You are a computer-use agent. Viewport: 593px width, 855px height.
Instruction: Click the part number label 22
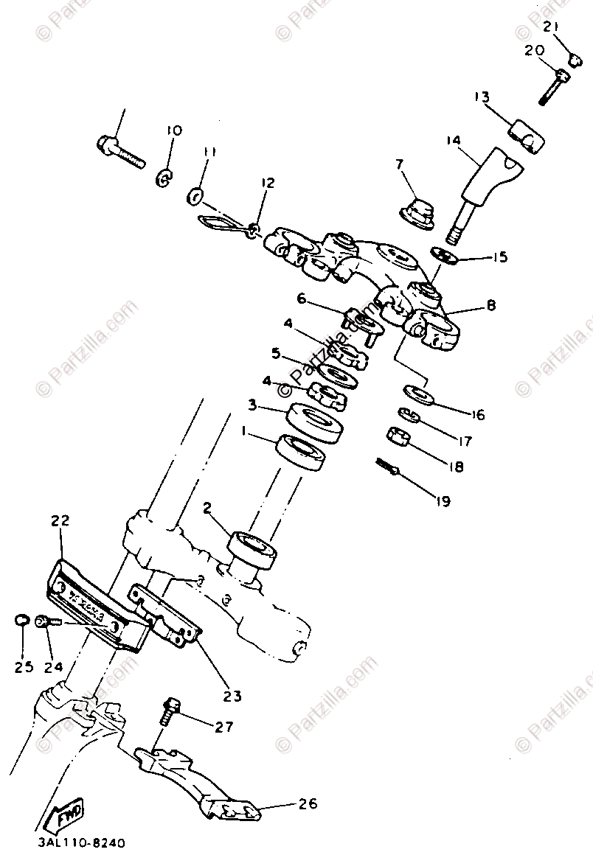pos(60,520)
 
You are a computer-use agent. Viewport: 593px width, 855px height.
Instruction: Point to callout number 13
pos(482,97)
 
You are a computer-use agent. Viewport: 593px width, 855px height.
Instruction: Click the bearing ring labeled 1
pos(303,453)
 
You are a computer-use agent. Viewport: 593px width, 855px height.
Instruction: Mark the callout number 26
pos(308,804)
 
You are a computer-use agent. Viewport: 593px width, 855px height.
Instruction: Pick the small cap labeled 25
pos(22,621)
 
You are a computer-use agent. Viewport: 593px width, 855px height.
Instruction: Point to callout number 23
pos(233,695)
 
